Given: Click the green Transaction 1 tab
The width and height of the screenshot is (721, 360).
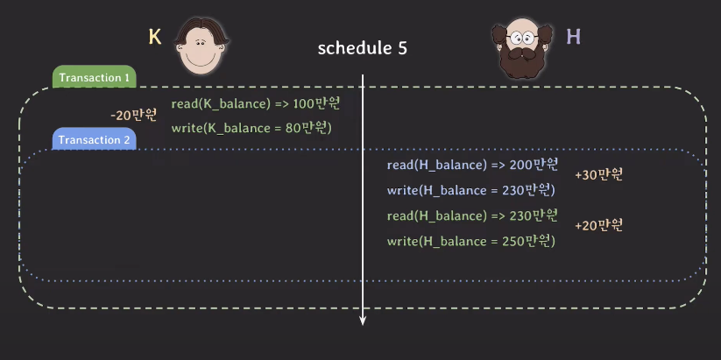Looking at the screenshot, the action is coord(95,77).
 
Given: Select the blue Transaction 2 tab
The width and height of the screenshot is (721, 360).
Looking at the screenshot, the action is coord(95,139).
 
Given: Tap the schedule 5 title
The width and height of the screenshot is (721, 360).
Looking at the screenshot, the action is coord(363,48).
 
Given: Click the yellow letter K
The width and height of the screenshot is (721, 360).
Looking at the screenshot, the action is coord(155,37).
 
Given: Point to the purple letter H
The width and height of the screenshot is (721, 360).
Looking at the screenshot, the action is coord(574,36).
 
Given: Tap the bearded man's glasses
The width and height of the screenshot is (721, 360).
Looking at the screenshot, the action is coord(522,37).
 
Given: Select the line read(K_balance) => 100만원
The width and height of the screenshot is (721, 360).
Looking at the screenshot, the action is coord(256,103).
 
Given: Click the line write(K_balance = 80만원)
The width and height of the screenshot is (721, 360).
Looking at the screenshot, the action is coord(251,128).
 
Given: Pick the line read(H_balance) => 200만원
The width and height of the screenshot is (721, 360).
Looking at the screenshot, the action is coord(473,165).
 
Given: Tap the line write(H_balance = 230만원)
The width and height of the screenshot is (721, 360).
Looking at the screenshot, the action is coord(471,190).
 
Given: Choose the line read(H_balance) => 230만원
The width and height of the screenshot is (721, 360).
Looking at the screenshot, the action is coord(473,215).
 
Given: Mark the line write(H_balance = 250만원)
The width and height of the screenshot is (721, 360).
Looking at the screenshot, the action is coord(471,241).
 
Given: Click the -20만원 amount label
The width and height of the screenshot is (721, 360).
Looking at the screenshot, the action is coord(134,115).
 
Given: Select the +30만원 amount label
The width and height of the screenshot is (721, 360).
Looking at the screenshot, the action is coord(599,174).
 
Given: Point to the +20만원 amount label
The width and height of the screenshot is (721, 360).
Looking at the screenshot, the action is coord(599,225).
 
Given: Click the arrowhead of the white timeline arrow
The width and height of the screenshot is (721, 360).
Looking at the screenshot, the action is coord(363,321).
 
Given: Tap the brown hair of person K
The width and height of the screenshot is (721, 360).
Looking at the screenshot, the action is coord(201,29).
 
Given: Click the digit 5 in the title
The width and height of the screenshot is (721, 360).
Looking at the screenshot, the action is coord(402,48).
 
